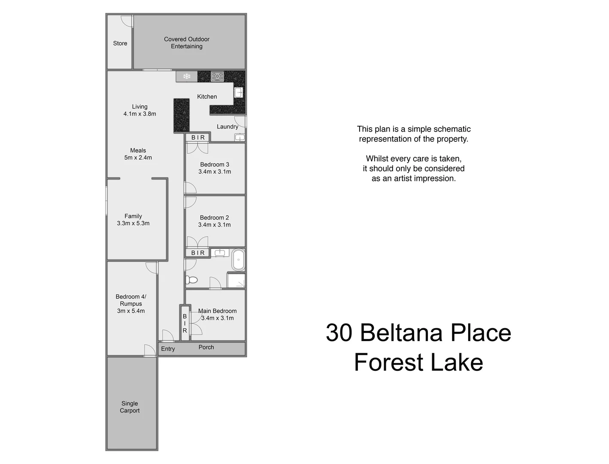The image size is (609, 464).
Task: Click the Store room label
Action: coord(120,43)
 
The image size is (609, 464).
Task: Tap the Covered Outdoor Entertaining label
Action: coord(187,43)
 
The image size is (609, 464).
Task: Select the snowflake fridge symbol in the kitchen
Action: coord(187,76)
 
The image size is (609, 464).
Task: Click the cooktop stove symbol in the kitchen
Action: coord(217,77)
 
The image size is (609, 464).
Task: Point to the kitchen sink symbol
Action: coord(238,92)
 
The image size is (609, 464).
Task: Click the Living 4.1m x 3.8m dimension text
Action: coord(139,114)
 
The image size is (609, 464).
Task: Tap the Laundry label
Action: coord(227,127)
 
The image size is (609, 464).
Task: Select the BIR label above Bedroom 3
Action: coord(198,137)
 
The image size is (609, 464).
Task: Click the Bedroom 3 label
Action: coord(215,165)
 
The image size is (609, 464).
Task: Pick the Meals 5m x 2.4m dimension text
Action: coord(138,158)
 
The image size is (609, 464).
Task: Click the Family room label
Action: coord(133,216)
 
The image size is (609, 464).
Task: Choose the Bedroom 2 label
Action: coord(214,218)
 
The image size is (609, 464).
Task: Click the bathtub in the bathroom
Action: coord(238,259)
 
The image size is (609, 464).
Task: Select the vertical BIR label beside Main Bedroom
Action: coord(185,324)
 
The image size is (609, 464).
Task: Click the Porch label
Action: coord(206,347)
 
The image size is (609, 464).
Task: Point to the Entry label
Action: coord(168,349)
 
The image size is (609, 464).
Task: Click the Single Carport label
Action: coord(130,407)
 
